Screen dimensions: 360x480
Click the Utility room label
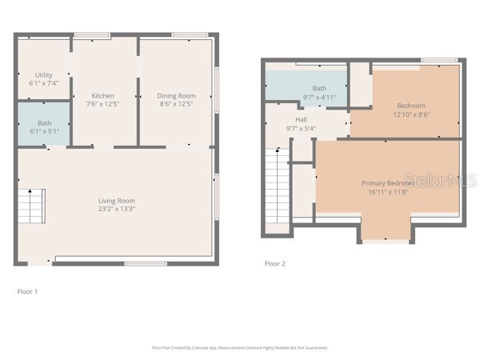(x=43, y=74)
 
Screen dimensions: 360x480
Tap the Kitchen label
(x=102, y=95)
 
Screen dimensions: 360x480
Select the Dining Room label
(x=176, y=95)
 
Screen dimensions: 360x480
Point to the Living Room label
(x=116, y=201)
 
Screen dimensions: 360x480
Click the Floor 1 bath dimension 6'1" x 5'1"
(x=44, y=131)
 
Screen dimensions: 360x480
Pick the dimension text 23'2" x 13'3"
(x=116, y=210)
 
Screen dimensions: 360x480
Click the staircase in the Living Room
(x=31, y=206)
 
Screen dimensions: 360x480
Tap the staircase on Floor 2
(x=277, y=188)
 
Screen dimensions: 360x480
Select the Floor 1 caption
(x=27, y=291)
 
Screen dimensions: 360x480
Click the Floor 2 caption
(x=274, y=263)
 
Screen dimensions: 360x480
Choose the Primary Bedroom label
(x=387, y=183)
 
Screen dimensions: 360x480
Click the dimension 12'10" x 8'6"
(x=411, y=114)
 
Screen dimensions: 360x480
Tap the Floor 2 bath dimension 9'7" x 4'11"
(x=319, y=97)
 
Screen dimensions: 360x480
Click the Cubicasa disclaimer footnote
(x=239, y=348)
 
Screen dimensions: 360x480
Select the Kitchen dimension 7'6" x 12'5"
(x=102, y=104)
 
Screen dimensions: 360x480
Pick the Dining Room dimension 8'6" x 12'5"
(x=176, y=104)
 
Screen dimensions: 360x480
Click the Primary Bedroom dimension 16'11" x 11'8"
(x=387, y=192)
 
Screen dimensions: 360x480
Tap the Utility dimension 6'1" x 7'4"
(x=43, y=83)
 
